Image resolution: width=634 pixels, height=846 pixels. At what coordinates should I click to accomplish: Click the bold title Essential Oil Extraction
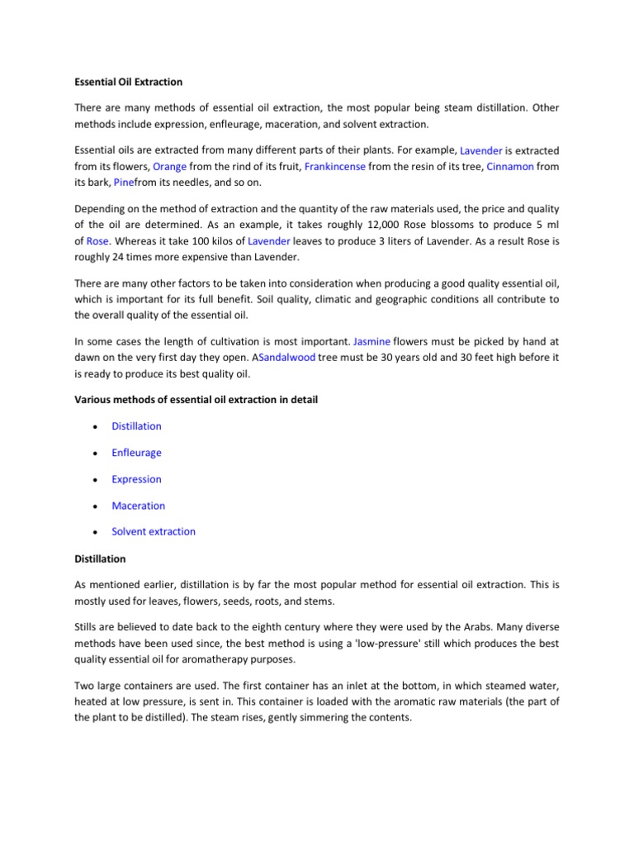128,83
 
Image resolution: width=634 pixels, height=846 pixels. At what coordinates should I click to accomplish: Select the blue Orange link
170,167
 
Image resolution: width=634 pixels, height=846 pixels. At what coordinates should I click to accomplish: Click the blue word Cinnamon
510,167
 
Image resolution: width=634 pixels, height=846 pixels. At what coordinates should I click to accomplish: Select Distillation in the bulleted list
136,426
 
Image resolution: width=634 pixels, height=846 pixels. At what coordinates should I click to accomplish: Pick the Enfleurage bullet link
136,453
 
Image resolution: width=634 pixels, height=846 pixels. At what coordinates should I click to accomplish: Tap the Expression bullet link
136,479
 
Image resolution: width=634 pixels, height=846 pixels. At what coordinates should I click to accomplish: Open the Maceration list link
138,506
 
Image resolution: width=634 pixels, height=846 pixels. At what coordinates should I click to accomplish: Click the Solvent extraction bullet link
154,532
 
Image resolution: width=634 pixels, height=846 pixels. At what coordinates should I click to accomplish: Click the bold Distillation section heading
100,559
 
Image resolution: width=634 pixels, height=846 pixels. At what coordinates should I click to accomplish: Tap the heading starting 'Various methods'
196,400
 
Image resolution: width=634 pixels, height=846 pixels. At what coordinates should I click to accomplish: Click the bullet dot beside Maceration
97,506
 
